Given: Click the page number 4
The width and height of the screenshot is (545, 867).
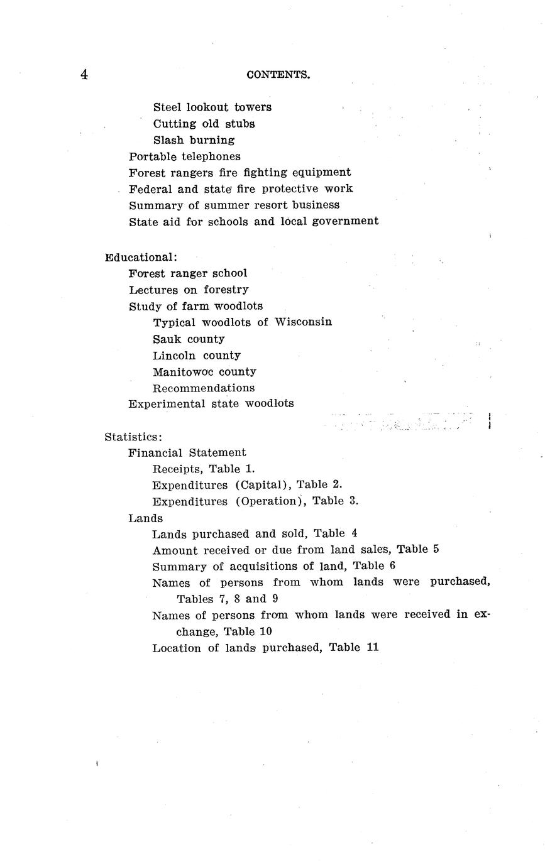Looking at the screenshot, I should pos(84,75).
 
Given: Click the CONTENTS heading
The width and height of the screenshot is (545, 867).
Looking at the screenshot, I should pos(278,75).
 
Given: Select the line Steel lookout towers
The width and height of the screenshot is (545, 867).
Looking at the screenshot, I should pos(212,107).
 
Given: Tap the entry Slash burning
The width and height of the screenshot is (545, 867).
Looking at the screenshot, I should pos(194,140).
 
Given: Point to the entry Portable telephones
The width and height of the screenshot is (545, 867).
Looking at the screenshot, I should pos(184,156).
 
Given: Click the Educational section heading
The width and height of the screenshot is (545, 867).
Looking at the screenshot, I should pos(141,257).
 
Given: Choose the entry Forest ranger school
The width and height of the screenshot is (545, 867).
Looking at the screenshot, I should pos(188,273).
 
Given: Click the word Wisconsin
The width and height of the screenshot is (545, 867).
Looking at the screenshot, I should pos(304,322).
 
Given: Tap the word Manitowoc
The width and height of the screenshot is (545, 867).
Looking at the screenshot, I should pos(183,371).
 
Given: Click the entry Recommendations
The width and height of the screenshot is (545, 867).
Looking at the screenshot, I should pos(204,388).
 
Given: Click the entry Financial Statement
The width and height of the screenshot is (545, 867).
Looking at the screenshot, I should pos(187,452).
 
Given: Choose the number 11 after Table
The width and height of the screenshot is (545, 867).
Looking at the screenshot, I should pos(372,647).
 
